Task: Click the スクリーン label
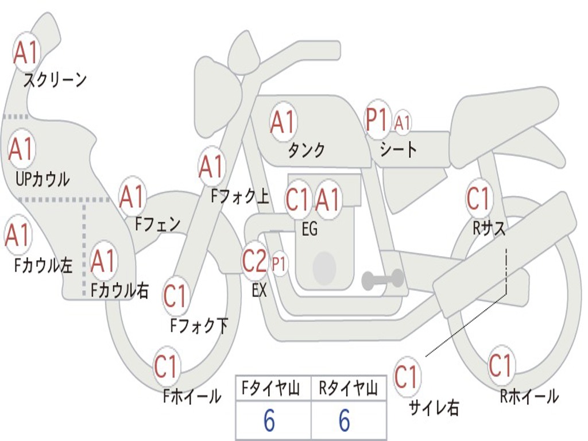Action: point(55,79)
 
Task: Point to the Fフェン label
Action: point(157,223)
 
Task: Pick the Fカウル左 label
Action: point(43,265)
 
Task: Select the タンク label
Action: point(306,150)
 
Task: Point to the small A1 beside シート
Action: point(403,122)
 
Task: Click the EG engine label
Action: point(309,229)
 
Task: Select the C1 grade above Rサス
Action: point(478,198)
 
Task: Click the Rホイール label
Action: point(529,396)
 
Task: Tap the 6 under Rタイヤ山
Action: point(344,421)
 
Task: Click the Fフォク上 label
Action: point(240,197)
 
